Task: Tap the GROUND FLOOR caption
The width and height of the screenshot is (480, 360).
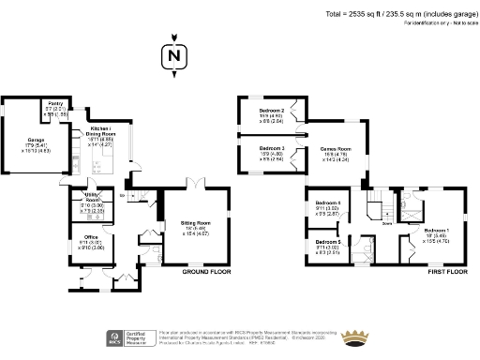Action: point(206,271)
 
